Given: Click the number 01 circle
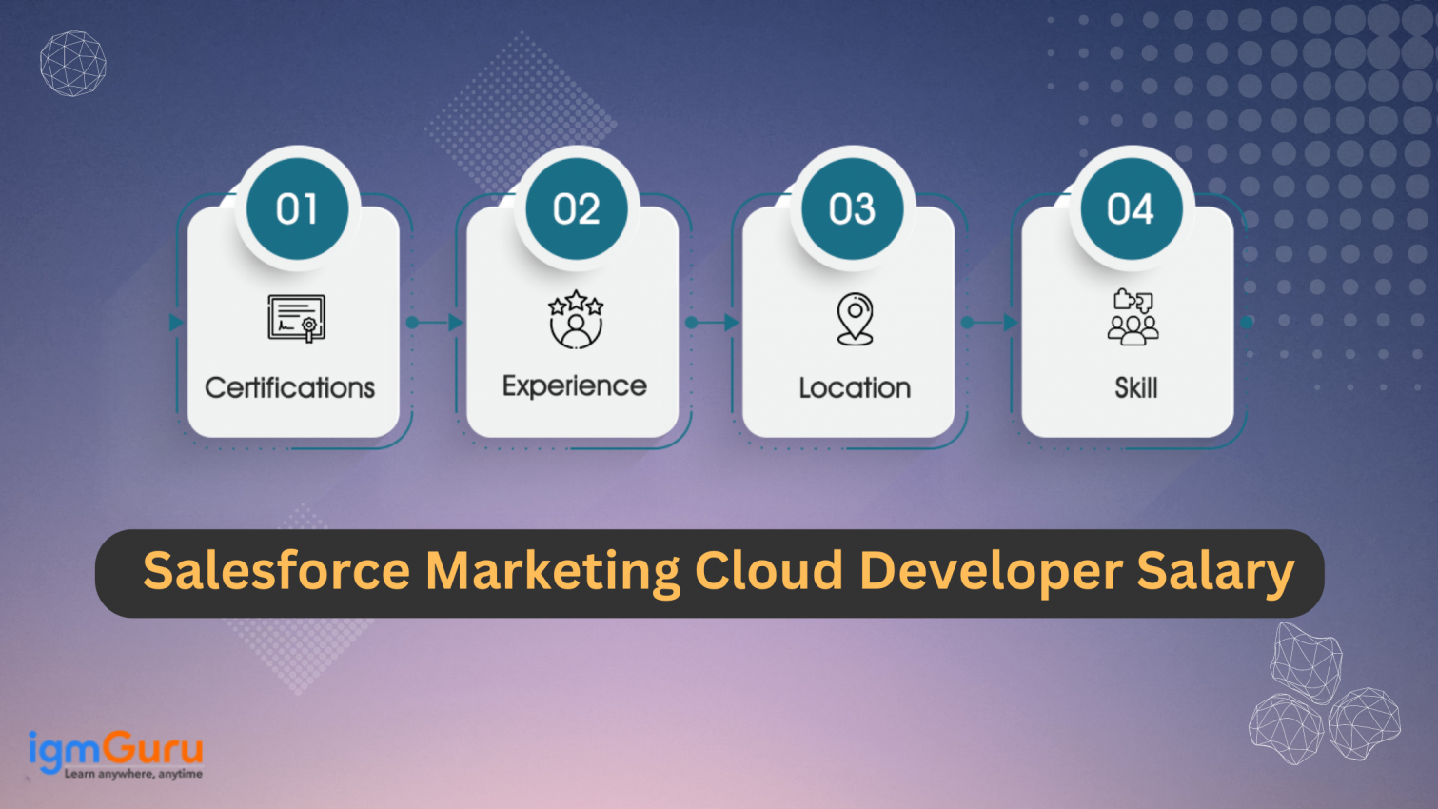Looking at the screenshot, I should tap(297, 209).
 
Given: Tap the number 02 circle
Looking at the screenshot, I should tap(576, 209).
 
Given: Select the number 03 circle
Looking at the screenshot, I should tap(852, 209).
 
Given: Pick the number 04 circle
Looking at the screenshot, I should tap(1131, 209).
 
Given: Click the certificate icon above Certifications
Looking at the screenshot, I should tap(296, 318).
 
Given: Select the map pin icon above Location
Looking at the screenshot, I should tap(855, 319).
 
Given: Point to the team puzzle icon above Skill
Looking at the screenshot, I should tap(1133, 316).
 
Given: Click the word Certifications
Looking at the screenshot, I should tap(290, 388).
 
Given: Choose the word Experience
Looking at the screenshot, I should tap(574, 386).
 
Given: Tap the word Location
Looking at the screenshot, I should tap(855, 388).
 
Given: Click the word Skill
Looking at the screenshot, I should tap(1136, 388).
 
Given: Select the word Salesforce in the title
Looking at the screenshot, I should tap(276, 571).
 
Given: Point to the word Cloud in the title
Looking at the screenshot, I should tap(769, 571).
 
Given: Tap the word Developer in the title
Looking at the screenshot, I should tap(991, 571).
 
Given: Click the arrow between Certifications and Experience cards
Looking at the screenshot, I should tap(435, 323).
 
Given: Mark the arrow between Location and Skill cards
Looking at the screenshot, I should tap(991, 323).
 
